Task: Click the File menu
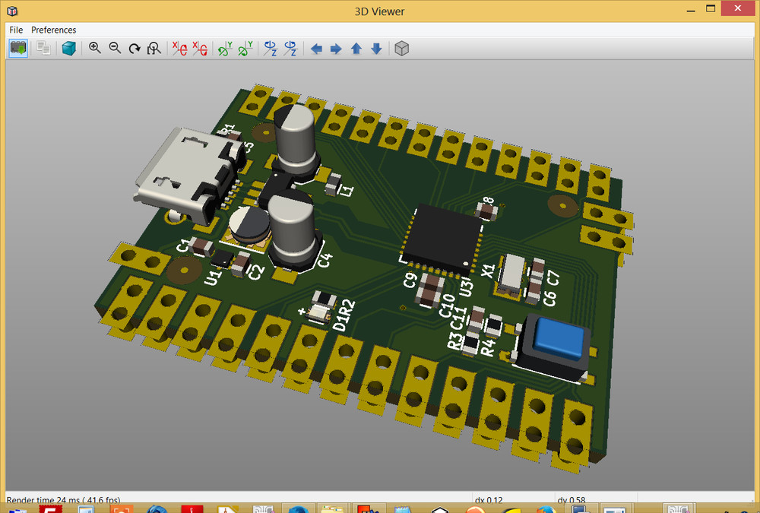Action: (x=16, y=30)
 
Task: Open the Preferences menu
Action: (x=53, y=30)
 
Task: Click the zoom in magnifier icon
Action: (x=95, y=48)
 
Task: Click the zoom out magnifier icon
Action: (x=115, y=48)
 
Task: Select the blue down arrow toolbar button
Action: (x=376, y=49)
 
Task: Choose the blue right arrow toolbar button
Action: (x=336, y=49)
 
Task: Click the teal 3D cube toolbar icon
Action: (x=69, y=49)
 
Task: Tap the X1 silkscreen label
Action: (x=489, y=270)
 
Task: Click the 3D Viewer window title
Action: (x=379, y=11)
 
